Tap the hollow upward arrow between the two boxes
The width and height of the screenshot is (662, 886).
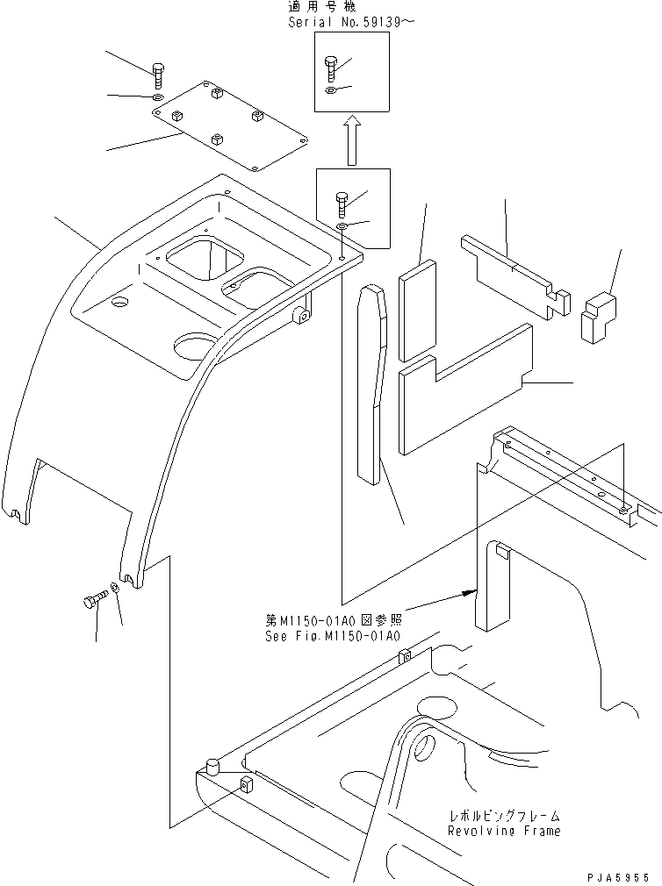pyautogui.click(x=351, y=139)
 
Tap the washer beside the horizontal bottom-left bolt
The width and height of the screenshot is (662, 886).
pyautogui.click(x=116, y=587)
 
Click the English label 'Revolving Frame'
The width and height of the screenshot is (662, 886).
pyautogui.click(x=503, y=830)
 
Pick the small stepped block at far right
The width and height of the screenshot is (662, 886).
pyautogui.click(x=599, y=317)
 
